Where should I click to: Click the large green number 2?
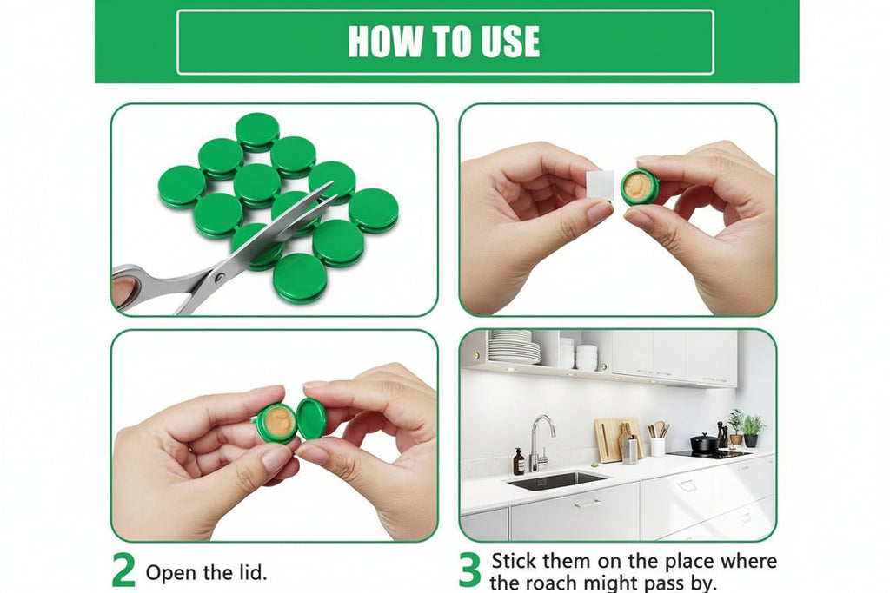point(123,571)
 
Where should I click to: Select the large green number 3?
point(470,571)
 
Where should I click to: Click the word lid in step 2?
point(249,572)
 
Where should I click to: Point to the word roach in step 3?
point(553,583)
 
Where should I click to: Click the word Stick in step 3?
point(514,561)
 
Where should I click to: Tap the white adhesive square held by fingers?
point(601,184)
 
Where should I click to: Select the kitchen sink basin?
point(556,481)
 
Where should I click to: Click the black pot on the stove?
point(704,443)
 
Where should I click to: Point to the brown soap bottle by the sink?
point(519,462)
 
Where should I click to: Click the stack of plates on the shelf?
point(514,347)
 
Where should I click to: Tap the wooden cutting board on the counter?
point(611,440)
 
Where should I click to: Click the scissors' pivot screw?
point(218,277)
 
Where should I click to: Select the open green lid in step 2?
point(312,418)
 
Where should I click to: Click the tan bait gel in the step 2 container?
point(278,421)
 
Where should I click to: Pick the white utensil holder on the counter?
point(657,447)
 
